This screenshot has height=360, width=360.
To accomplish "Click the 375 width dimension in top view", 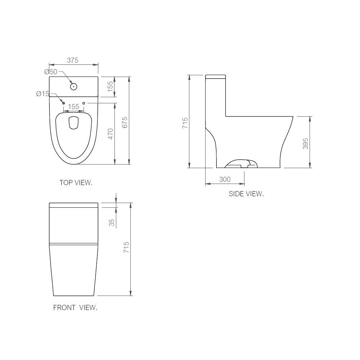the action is tap(73, 60).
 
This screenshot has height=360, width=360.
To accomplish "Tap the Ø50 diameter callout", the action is tap(51, 72).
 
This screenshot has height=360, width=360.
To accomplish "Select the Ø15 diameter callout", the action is tap(43, 94).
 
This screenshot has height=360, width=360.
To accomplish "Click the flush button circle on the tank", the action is tap(73, 86).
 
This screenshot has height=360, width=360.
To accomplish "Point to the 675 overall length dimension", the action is tap(125, 122).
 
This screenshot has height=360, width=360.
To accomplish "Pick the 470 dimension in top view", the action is tap(111, 134).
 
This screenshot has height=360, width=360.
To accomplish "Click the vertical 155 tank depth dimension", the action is tap(110, 86).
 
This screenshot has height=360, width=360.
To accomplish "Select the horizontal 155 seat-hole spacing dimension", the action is tap(73, 107).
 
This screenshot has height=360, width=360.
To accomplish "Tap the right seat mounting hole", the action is tap(84, 103).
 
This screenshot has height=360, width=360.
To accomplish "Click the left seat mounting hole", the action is tap(63, 103).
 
